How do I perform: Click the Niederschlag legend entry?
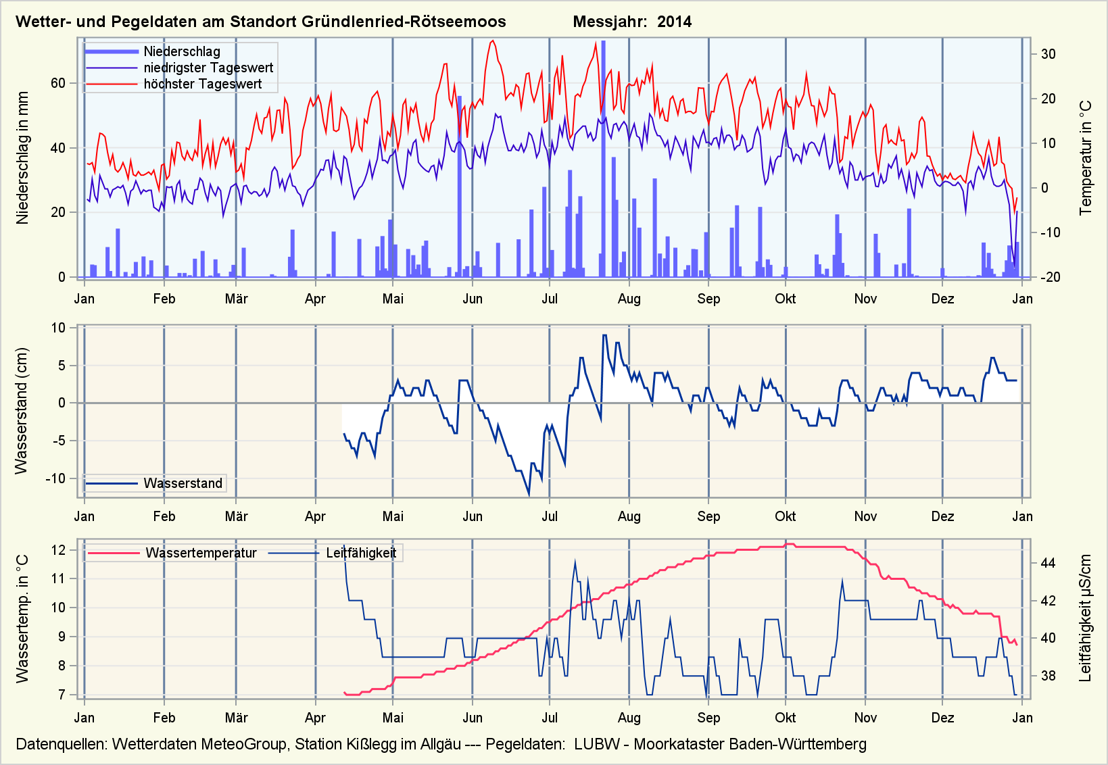tap(181, 51)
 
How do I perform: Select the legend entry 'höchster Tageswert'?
tap(202, 84)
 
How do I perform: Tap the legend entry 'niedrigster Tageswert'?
tap(208, 68)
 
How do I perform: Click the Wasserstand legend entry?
tap(183, 483)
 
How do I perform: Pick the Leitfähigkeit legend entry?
tap(360, 553)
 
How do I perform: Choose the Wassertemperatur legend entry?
tap(201, 553)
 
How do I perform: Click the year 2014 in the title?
tap(674, 22)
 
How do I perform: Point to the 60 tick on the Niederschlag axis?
tap(58, 83)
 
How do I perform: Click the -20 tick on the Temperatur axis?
tap(1049, 277)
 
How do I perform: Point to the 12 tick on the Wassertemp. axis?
tap(58, 550)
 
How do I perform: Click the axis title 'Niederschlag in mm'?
tap(23, 157)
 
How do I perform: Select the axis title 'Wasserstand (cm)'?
tap(22, 411)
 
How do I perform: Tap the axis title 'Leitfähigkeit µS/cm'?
tap(1086, 618)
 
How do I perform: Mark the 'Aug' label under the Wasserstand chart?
tap(629, 516)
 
